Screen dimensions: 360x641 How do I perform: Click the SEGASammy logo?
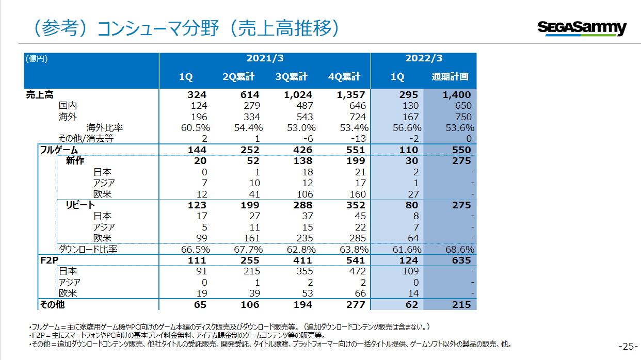click(x=582, y=28)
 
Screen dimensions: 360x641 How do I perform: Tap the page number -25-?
click(x=628, y=346)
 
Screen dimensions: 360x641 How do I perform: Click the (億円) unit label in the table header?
click(x=37, y=59)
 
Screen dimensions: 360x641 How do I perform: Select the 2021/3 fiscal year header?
click(x=264, y=59)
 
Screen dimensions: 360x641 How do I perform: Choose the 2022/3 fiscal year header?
click(x=423, y=59)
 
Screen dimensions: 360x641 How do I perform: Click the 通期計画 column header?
click(x=450, y=77)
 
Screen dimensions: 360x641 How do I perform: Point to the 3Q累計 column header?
click(x=291, y=77)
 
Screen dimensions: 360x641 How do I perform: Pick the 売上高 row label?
click(x=40, y=95)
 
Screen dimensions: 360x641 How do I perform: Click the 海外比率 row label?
click(x=105, y=127)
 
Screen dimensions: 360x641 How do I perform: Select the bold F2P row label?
click(x=49, y=260)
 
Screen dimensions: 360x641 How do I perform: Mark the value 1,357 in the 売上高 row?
click(x=351, y=95)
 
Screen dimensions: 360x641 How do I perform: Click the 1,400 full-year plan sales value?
click(x=456, y=95)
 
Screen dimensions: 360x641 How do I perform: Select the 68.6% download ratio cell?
click(x=459, y=249)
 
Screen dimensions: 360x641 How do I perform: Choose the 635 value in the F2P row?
click(x=462, y=260)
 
